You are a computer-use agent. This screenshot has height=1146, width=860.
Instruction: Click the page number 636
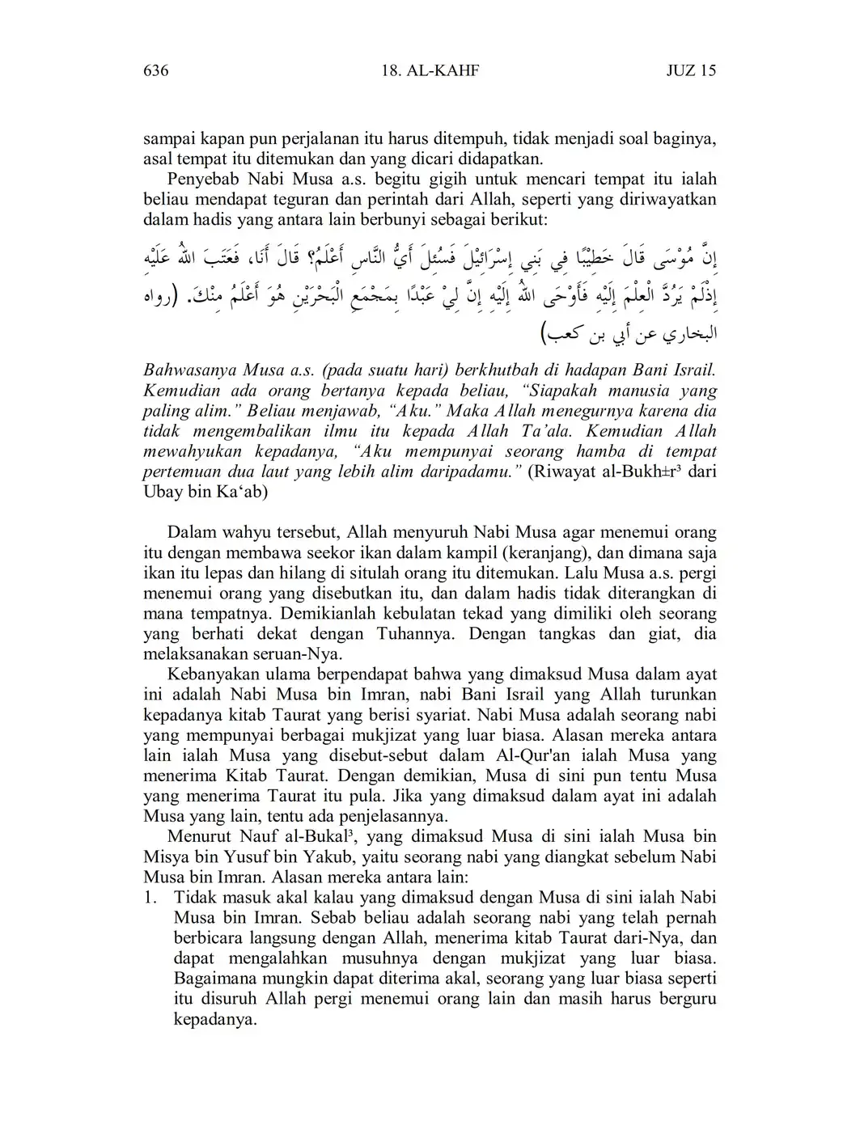coord(155,71)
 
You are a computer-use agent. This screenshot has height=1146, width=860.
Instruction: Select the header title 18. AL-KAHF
coord(430,71)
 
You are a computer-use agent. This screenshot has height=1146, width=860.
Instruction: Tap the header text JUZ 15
coord(691,71)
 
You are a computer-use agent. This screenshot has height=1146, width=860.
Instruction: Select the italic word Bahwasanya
coord(189,370)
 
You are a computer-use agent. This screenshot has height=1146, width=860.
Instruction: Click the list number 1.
coord(149,897)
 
